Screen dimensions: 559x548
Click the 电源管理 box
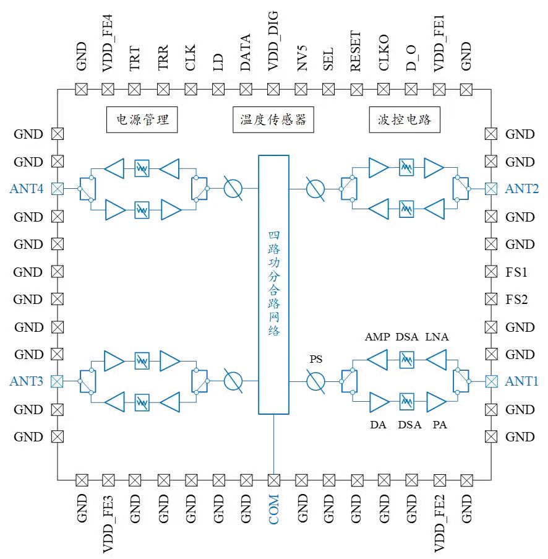click(142, 119)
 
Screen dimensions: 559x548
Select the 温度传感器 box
click(273, 119)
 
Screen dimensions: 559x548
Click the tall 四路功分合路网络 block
click(273, 285)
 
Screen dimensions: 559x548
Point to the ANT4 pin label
click(27, 189)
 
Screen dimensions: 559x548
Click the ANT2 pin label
click(521, 189)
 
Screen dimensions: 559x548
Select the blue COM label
click(273, 509)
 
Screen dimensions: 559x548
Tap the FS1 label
click(516, 272)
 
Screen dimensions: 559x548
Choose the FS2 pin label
click(516, 300)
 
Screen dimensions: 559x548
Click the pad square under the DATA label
click(246, 89)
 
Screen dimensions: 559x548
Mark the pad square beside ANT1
click(491, 381)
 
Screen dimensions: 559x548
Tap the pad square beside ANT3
click(57, 381)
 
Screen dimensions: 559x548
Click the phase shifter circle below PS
click(315, 381)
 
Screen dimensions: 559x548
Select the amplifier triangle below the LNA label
click(436, 359)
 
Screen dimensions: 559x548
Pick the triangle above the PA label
click(436, 402)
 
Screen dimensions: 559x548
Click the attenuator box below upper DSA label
click(406, 359)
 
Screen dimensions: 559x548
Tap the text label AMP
click(377, 337)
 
